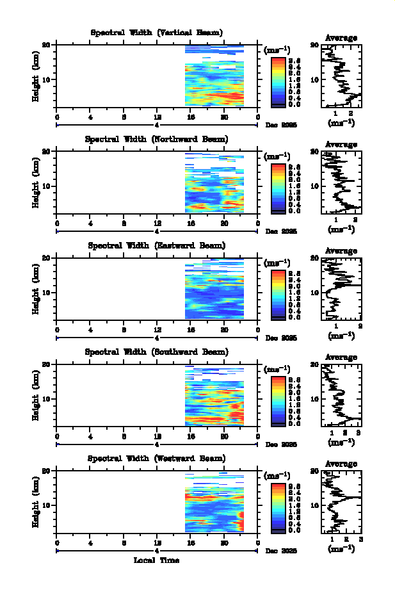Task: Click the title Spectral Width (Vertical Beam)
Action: pyautogui.click(x=157, y=33)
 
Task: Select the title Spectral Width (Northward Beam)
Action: pyautogui.click(x=157, y=139)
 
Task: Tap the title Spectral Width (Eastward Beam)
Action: pyautogui.click(x=157, y=245)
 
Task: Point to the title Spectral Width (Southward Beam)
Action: pyautogui.click(x=157, y=352)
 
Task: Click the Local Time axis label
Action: pyautogui.click(x=156, y=560)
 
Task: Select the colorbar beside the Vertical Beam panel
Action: pyautogui.click(x=278, y=81)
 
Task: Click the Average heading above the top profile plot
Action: pyautogui.click(x=341, y=38)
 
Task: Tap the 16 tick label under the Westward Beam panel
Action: pyautogui.click(x=191, y=542)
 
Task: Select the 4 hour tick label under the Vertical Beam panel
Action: pyautogui.click(x=90, y=117)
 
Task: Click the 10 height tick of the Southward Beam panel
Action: pyautogui.click(x=47, y=398)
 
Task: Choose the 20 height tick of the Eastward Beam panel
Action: pyautogui.click(x=47, y=257)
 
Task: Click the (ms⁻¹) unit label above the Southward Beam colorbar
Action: pyautogui.click(x=277, y=370)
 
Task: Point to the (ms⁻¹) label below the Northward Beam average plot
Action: pyautogui.click(x=341, y=229)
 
